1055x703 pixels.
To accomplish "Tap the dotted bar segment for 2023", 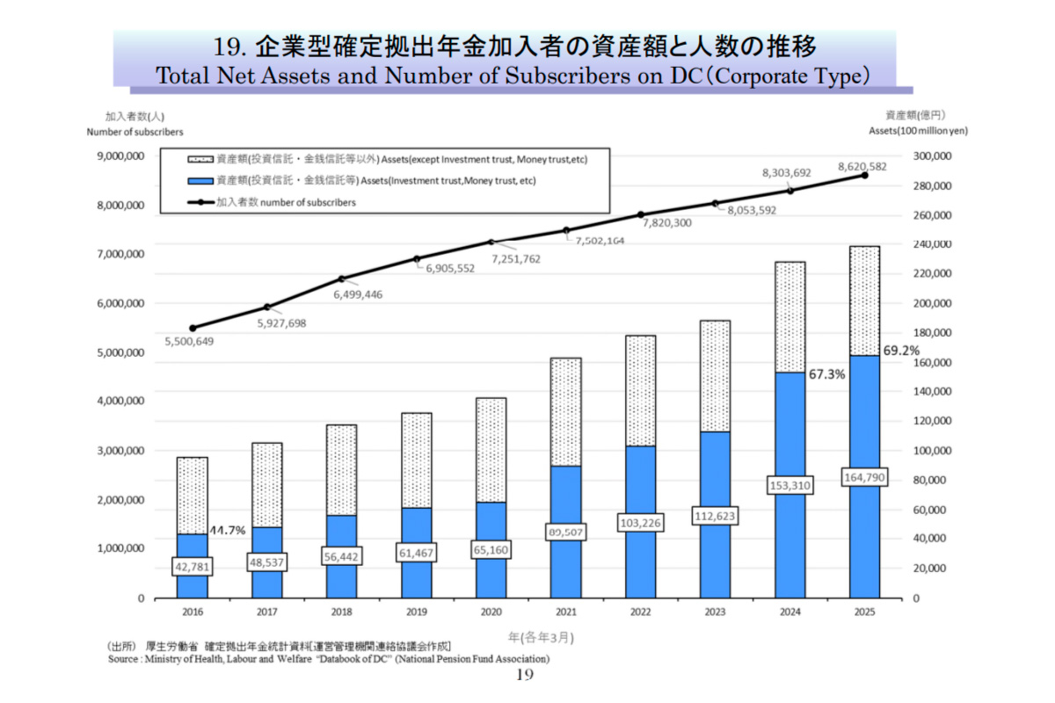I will (715, 376).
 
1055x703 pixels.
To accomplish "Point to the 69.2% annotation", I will (901, 351).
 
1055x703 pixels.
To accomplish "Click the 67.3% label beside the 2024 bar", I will (826, 374).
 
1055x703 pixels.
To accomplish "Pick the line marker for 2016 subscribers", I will (193, 328).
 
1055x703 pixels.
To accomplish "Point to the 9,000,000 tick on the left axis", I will (117, 156).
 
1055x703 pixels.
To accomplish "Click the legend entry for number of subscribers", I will (286, 201).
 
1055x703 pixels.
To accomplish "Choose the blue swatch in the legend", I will (200, 181).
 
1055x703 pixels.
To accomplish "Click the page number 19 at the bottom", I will (525, 675).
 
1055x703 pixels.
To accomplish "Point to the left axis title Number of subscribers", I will (135, 132).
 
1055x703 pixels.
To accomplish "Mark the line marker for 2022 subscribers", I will (640, 214).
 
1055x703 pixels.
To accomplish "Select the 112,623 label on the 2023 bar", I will (715, 516).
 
